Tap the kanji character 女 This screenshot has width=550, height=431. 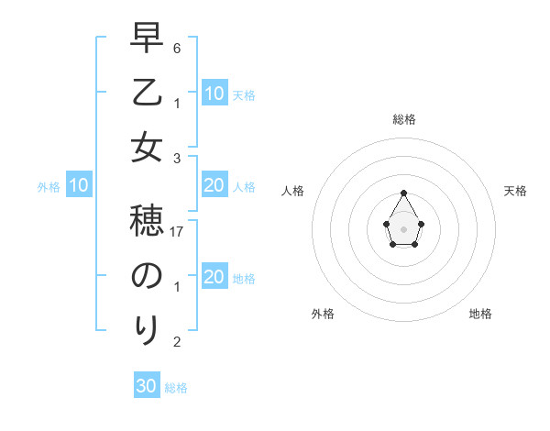146,147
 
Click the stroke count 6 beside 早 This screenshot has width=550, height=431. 177,47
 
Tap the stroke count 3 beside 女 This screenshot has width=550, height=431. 177,159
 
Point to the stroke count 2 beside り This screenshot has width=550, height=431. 177,342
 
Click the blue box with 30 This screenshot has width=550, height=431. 147,386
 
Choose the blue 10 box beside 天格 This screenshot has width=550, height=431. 214,94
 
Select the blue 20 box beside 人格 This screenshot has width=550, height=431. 214,186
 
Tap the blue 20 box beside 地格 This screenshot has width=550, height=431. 214,278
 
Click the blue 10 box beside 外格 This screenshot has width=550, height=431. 79,186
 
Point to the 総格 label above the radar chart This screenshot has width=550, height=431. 403,119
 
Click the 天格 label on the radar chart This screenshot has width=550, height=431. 515,191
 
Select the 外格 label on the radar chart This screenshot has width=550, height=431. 323,314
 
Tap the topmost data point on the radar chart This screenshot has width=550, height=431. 403,193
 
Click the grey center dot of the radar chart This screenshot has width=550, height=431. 403,228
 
